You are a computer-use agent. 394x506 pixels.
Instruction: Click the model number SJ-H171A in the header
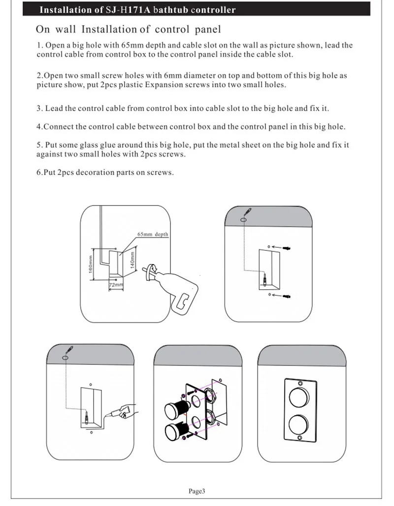click(x=129, y=10)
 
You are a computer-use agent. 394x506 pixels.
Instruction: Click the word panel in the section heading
click(x=208, y=30)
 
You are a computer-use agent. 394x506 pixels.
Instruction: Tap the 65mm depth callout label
click(x=153, y=235)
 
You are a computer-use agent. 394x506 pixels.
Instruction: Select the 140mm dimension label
click(x=132, y=259)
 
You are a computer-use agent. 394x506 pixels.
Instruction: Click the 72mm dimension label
click(x=116, y=285)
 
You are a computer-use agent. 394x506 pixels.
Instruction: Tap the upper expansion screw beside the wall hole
click(x=287, y=248)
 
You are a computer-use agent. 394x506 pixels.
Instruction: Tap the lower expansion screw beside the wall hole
click(x=287, y=296)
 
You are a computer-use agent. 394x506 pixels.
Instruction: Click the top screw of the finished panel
click(x=300, y=383)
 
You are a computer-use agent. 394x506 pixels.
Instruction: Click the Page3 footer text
click(x=197, y=491)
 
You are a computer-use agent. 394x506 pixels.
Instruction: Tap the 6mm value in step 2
click(x=171, y=75)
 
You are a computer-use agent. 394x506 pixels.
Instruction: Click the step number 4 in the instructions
click(x=38, y=127)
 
